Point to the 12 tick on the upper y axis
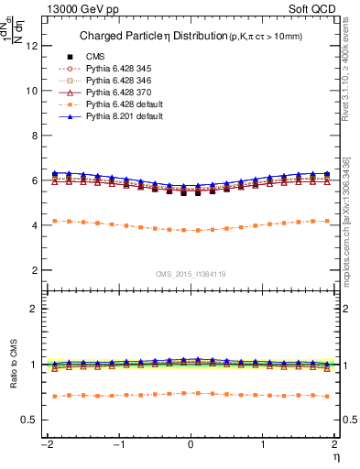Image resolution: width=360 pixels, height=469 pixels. (35, 46)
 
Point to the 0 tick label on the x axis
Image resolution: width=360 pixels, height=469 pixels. (191, 444)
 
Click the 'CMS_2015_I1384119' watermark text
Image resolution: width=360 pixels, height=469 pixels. (191, 274)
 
